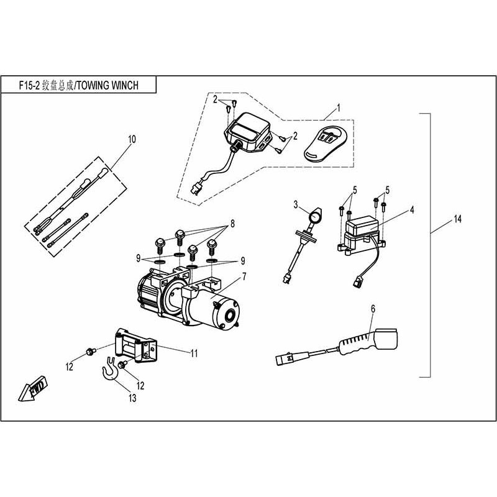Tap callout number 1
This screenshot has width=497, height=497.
[x=339, y=107]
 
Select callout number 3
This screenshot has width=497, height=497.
[x=296, y=204]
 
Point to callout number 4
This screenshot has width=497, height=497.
[x=411, y=209]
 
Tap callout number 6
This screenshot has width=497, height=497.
[x=373, y=308]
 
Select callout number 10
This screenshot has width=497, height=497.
[x=131, y=139]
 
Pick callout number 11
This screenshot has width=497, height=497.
[x=194, y=353]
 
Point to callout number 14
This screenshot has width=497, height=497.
[x=458, y=219]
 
